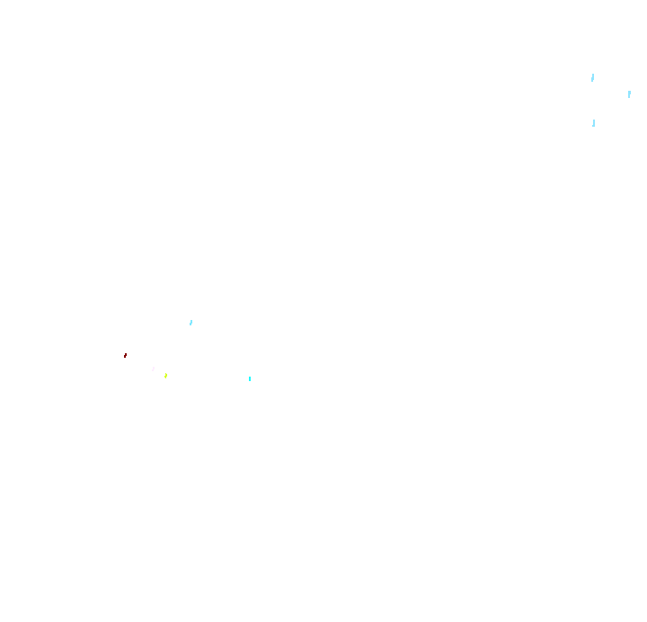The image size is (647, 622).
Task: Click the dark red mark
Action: click(x=125, y=355)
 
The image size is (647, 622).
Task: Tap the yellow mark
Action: click(x=165, y=375)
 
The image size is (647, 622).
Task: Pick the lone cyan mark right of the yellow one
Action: click(x=250, y=378)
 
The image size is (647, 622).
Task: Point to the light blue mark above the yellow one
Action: click(x=191, y=322)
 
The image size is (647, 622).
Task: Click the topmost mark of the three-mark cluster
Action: click(x=592, y=78)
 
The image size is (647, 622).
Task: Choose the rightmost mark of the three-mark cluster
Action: click(x=629, y=93)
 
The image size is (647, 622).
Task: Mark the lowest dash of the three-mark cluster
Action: click(x=593, y=122)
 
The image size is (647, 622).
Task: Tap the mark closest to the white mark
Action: click(x=165, y=375)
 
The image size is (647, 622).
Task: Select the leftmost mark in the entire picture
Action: click(x=125, y=355)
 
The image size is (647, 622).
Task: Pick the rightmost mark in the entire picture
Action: click(x=629, y=93)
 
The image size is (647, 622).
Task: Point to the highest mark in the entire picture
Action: click(x=592, y=78)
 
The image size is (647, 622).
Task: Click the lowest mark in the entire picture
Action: click(x=250, y=378)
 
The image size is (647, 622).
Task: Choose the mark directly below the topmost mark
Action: click(x=593, y=122)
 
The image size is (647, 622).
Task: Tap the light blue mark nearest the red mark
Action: click(x=191, y=322)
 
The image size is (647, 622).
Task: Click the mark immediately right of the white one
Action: click(x=165, y=375)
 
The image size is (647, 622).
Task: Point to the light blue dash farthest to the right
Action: click(x=629, y=93)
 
